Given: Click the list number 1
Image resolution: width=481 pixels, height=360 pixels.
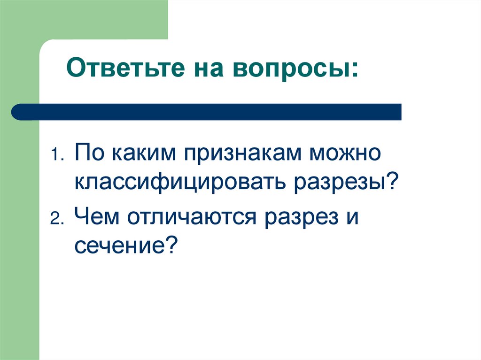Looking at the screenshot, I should [x=55, y=155].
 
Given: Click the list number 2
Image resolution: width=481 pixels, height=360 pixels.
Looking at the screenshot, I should [x=55, y=219].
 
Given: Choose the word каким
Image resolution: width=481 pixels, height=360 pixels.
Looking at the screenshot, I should [x=140, y=153].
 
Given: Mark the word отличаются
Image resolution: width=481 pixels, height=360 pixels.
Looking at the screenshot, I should [x=192, y=216].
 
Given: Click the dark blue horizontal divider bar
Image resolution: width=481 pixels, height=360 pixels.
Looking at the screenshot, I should [x=207, y=112].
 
